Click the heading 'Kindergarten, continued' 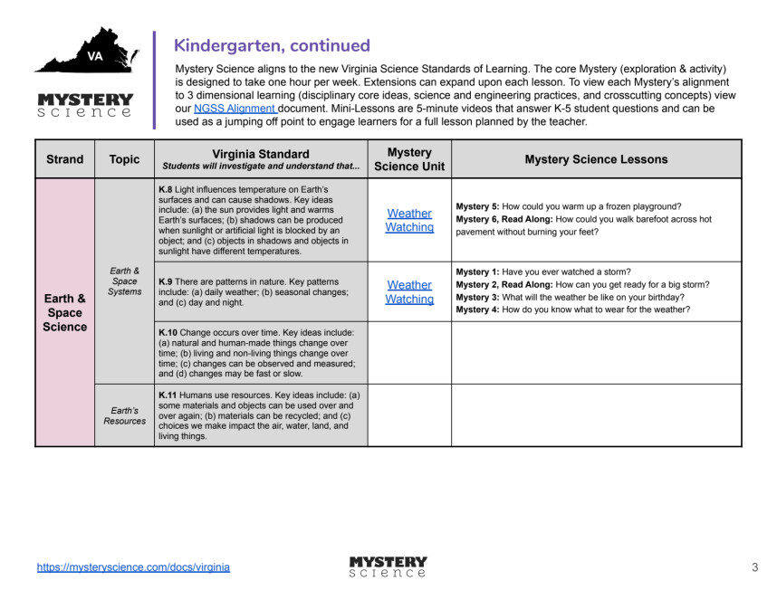[272, 45]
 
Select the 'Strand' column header [64, 159]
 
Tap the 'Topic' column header [124, 159]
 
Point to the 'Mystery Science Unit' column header [409, 158]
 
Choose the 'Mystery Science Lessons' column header [596, 159]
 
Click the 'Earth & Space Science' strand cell [64, 312]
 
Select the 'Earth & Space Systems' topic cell [124, 281]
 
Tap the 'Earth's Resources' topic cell [124, 414]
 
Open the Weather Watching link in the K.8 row [409, 220]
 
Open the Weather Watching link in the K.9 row [409, 291]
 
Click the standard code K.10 [168, 332]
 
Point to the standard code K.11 [168, 395]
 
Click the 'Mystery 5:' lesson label [477, 206]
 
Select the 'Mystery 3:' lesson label [477, 297]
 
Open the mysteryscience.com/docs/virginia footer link [133, 567]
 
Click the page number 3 [754, 567]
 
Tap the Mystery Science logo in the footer [388, 567]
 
